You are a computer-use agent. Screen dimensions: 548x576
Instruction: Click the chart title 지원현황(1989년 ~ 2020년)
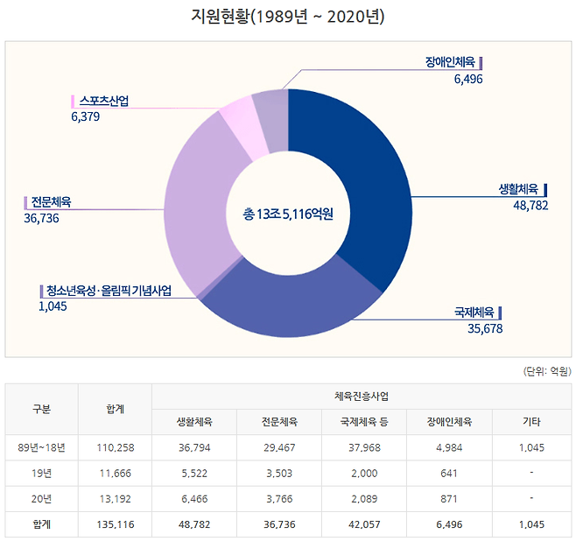(x=287, y=17)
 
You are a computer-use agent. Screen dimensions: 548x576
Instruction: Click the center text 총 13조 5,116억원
(x=288, y=213)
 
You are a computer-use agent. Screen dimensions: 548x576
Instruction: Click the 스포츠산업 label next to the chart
(x=103, y=101)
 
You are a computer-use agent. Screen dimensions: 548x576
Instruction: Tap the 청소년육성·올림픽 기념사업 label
(x=109, y=291)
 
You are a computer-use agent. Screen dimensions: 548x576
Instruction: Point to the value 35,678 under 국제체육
(x=485, y=328)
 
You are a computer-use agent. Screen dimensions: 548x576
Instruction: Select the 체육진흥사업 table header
(x=362, y=397)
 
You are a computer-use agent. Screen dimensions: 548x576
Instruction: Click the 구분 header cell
(x=41, y=409)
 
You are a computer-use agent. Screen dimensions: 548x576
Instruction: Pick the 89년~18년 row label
(x=41, y=447)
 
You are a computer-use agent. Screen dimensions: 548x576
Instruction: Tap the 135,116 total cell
(x=114, y=525)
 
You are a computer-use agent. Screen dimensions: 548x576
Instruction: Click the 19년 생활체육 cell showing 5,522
(x=193, y=473)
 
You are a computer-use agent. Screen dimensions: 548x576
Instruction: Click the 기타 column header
(x=530, y=422)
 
